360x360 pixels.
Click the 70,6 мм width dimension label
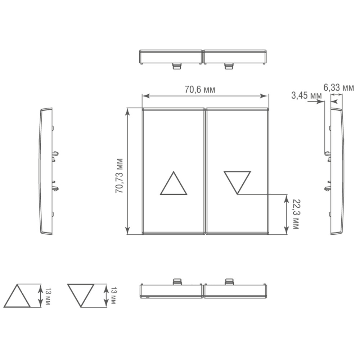200,89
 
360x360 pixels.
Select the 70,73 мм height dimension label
120,176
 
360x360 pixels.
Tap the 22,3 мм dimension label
296,214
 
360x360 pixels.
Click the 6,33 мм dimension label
339,87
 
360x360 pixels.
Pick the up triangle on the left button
174,183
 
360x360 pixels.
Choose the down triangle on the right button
237,183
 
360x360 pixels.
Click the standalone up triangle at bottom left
17,296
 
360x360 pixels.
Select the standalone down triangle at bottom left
80,296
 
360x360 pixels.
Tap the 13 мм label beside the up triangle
47,296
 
